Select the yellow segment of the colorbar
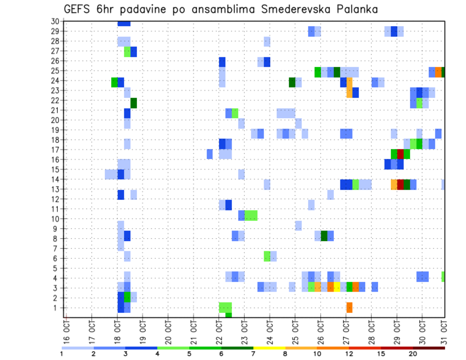pos(269,348)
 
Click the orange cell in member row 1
pos(349,307)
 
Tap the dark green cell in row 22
pos(133,103)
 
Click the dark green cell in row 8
pos(324,236)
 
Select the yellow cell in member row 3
pos(337,287)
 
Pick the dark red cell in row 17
pos(400,154)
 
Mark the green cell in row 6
pos(267,256)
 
